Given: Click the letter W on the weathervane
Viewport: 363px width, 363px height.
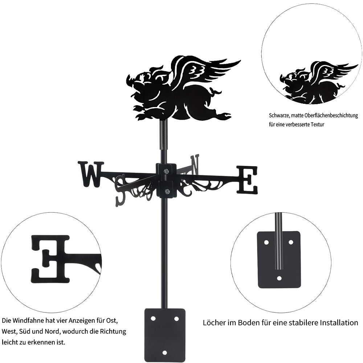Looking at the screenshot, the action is pyautogui.click(x=91, y=174).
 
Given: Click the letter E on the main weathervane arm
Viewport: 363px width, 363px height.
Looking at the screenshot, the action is pyautogui.click(x=247, y=180).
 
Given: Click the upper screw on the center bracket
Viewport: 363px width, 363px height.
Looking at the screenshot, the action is pyautogui.click(x=166, y=171).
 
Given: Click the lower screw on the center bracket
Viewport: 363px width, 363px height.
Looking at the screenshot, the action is pyautogui.click(x=167, y=191).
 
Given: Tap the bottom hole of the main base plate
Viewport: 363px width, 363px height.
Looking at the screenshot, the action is pyautogui.click(x=164, y=352).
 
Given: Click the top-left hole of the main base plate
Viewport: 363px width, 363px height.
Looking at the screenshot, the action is pyautogui.click(x=153, y=319).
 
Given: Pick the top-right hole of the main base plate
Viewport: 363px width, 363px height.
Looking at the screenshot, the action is pyautogui.click(x=176, y=319).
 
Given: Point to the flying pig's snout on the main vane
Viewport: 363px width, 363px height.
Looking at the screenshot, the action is pyautogui.click(x=130, y=80).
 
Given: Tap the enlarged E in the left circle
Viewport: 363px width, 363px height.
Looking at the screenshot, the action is pyautogui.click(x=50, y=259).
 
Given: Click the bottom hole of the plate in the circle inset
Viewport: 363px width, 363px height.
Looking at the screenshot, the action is pyautogui.click(x=279, y=278).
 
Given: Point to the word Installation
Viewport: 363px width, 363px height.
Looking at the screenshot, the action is pyautogui.click(x=339, y=322).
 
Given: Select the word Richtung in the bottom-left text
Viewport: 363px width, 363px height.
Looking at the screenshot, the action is pyautogui.click(x=113, y=331).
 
